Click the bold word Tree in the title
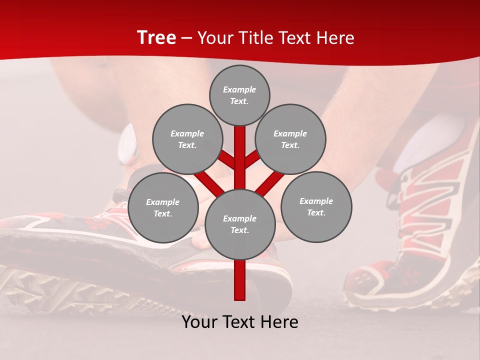[x=156, y=38]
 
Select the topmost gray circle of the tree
[x=239, y=95]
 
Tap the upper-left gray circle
[x=187, y=139]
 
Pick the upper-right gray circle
[x=290, y=139]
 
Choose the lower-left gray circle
[x=163, y=208]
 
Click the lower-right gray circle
[x=316, y=207]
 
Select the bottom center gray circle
[x=240, y=224]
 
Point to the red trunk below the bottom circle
[x=240, y=280]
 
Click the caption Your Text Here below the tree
[x=240, y=322]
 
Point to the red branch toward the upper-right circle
[x=252, y=159]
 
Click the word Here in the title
[x=335, y=38]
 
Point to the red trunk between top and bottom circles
[x=240, y=155]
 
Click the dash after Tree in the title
[x=186, y=38]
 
